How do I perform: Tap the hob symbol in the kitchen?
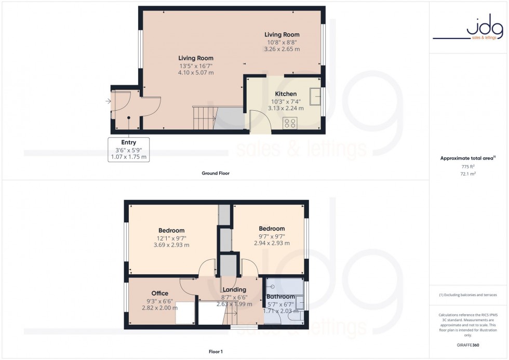coord(290,123)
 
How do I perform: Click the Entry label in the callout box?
coord(128,142)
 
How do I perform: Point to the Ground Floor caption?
coord(216,173)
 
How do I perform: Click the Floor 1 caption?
coord(215,352)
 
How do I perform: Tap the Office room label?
coord(159,294)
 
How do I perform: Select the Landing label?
coord(234,290)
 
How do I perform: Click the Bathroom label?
coord(280,297)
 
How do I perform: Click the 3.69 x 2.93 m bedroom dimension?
coord(171,245)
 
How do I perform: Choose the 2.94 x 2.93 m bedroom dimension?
coord(272,243)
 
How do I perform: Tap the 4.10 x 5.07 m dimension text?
coord(196,73)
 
